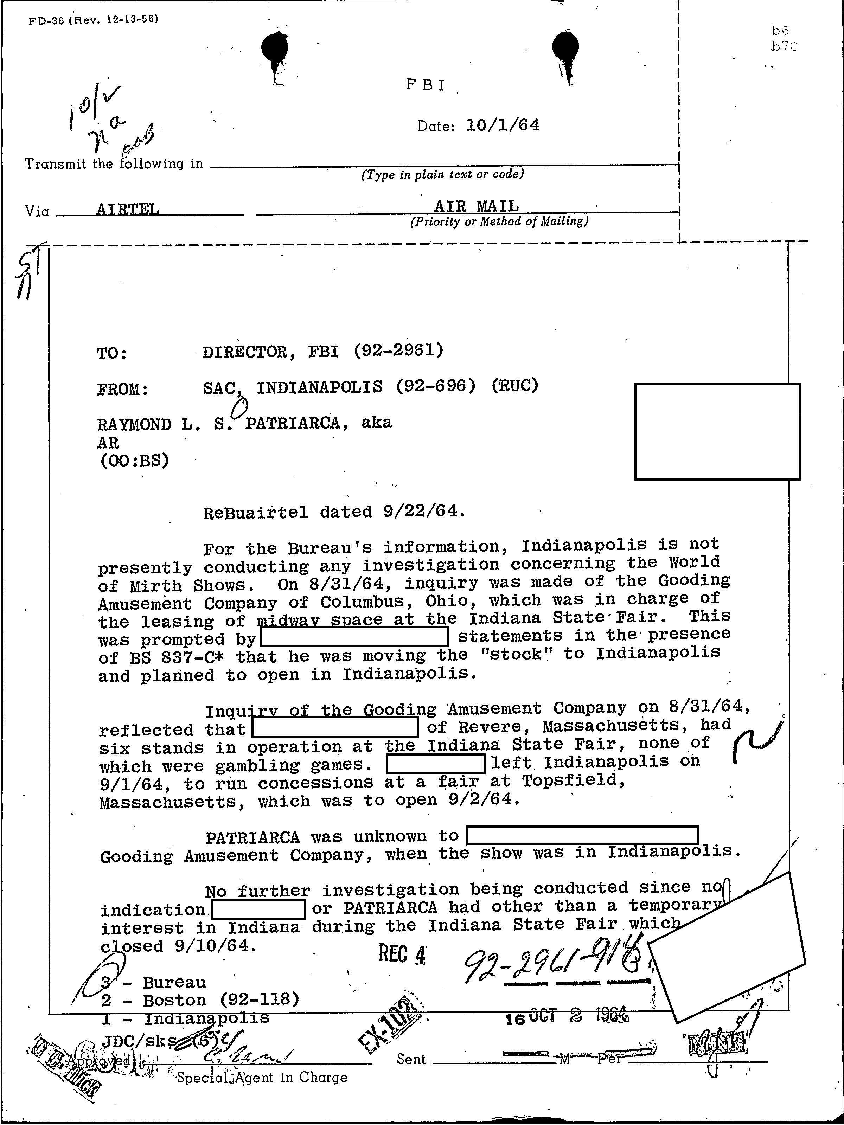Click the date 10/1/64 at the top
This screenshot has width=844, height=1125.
coord(503,124)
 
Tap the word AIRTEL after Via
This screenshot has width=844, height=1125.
coord(128,209)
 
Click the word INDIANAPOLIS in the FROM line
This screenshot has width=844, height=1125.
coord(319,387)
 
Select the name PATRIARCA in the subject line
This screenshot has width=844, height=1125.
coord(293,423)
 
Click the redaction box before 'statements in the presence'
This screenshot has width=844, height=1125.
coord(354,637)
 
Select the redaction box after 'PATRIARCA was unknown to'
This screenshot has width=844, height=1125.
coord(582,836)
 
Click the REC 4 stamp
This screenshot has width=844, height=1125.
coord(402,954)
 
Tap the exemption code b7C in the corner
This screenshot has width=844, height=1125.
coord(784,47)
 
